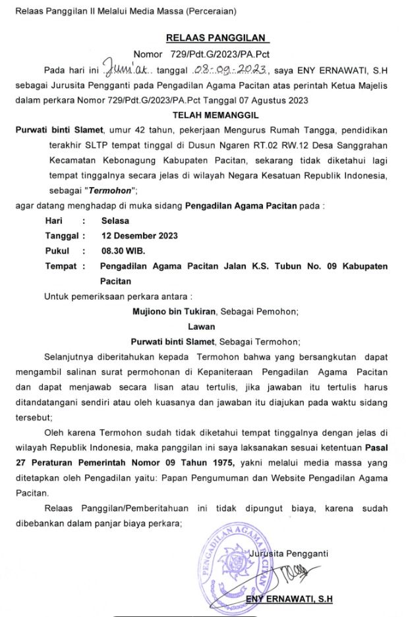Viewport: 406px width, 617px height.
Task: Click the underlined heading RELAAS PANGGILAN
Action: [204, 38]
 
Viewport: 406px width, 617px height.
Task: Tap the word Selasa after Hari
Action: [115, 221]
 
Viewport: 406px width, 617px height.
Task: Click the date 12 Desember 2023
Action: [139, 236]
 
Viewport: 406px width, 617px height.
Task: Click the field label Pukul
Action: [57, 251]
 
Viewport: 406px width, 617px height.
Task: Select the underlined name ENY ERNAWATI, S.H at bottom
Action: [289, 599]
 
